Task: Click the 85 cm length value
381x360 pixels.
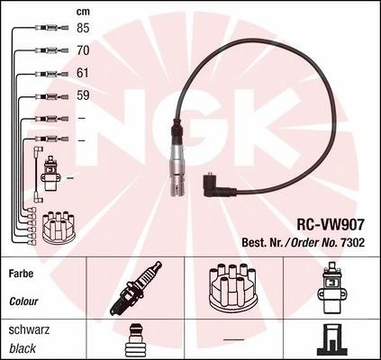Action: (x=83, y=28)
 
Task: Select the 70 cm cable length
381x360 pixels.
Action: (x=83, y=50)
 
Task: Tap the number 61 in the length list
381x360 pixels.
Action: (x=83, y=73)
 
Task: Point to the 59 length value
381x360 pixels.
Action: (x=83, y=95)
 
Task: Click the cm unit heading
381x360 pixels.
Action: (x=83, y=12)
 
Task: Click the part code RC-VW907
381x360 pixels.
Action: (x=331, y=224)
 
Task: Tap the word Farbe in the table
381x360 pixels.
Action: (x=22, y=274)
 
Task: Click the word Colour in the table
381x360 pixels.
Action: (x=23, y=301)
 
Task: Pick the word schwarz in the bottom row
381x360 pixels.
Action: (x=29, y=329)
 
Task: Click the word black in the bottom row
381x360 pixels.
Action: (x=23, y=348)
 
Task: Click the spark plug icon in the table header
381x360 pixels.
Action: (x=135, y=288)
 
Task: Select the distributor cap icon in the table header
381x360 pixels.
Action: (x=233, y=287)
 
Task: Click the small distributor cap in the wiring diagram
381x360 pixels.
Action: (x=59, y=228)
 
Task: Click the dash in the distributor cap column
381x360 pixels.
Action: (x=234, y=339)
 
